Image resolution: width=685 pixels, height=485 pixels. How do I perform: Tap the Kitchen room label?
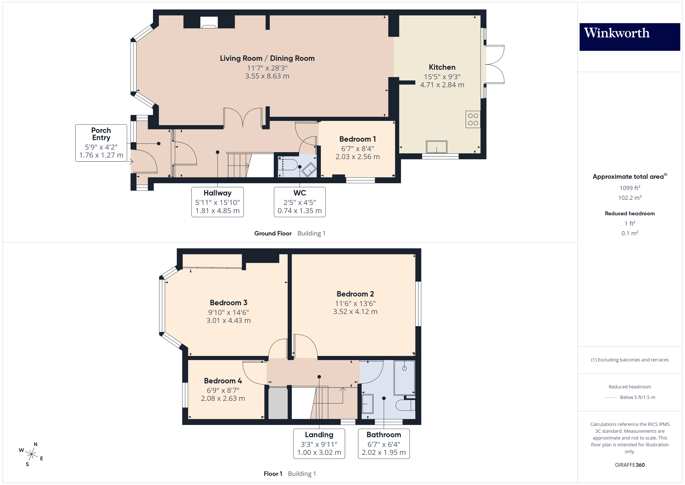(442, 67)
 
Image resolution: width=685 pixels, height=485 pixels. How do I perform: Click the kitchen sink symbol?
(436, 147)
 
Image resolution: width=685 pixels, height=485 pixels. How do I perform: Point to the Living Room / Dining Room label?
(267, 58)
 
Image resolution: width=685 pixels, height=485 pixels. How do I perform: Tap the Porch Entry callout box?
(101, 143)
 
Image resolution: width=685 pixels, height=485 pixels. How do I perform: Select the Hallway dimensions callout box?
(217, 202)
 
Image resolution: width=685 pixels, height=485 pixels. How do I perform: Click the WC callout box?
(300, 202)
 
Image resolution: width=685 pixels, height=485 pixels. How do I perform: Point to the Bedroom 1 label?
(357, 139)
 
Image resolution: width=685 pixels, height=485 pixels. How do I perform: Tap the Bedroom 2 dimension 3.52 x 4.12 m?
(355, 311)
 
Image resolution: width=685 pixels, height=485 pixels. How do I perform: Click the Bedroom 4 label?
(223, 381)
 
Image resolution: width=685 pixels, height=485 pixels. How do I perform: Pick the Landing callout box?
(319, 443)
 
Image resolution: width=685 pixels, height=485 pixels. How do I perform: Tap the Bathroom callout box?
(384, 443)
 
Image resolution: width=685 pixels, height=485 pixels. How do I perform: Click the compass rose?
(31, 454)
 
